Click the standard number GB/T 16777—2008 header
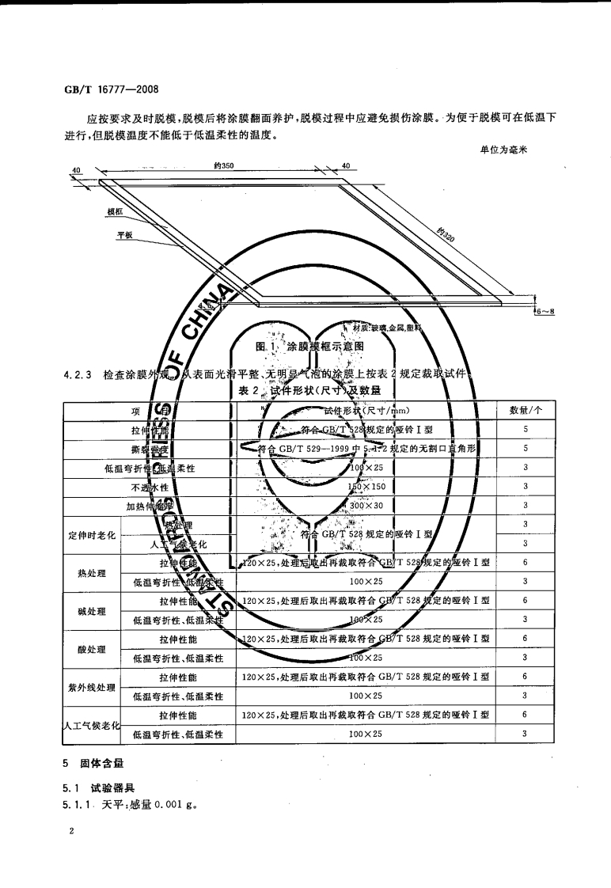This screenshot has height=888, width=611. click(x=112, y=90)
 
